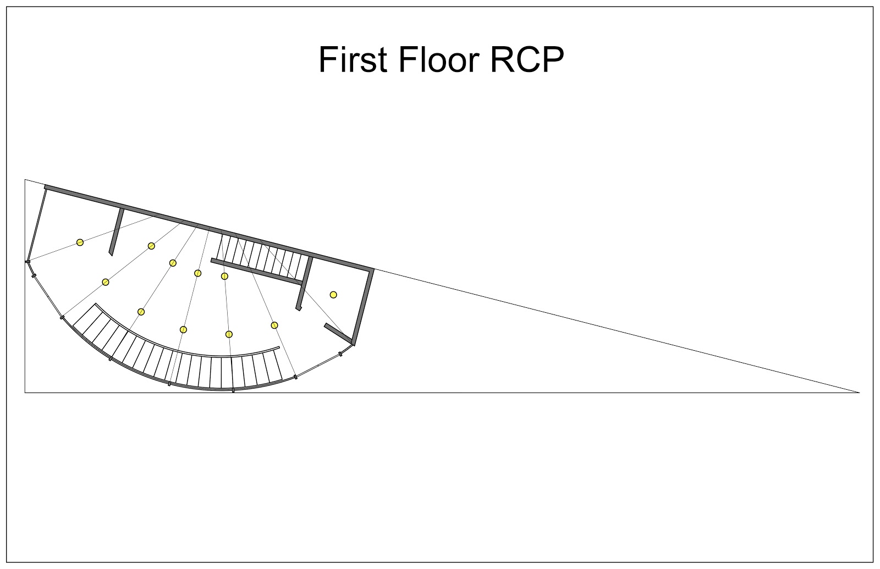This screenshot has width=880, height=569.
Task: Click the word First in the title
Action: (353, 60)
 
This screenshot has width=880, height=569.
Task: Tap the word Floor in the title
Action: (439, 59)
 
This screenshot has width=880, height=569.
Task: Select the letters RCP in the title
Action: (527, 60)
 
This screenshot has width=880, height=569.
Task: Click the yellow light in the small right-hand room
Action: (333, 295)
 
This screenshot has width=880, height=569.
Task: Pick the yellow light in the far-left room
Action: (80, 242)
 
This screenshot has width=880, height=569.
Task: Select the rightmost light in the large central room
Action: (274, 325)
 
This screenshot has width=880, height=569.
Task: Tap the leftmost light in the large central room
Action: (105, 282)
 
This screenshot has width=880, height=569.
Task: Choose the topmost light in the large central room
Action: (151, 246)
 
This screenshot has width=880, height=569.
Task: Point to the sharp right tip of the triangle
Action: (860, 393)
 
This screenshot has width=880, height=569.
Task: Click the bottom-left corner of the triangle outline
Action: (25, 393)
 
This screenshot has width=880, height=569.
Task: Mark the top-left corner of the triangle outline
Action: (25, 179)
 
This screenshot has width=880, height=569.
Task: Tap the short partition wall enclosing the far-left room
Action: (116, 231)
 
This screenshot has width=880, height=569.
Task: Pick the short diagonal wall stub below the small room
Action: (338, 333)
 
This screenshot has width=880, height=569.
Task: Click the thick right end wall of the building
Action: (363, 307)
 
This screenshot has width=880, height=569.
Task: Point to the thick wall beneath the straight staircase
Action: (257, 272)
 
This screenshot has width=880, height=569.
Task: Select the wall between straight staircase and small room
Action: (304, 284)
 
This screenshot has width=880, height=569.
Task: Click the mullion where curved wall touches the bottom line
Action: (233, 390)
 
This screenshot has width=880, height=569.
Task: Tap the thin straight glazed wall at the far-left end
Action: (36, 225)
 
